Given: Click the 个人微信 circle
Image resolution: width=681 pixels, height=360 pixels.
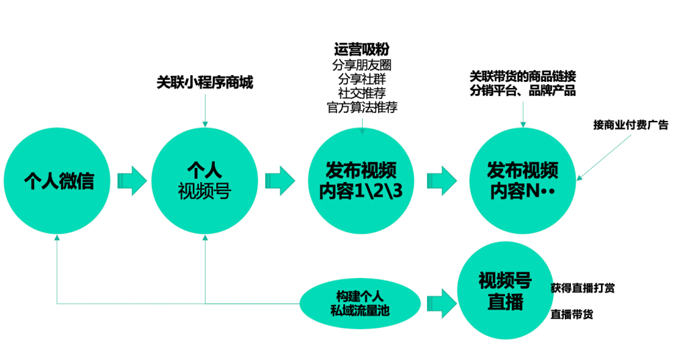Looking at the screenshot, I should coord(58,180).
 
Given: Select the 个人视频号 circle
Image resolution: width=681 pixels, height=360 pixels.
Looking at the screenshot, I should coord(204,180).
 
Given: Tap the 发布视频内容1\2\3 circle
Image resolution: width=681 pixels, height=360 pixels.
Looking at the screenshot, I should coord(361,180).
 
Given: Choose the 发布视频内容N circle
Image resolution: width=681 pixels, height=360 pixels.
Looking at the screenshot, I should coord(523,180).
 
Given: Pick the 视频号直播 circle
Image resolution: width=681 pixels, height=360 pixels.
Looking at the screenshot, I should coord(505,291).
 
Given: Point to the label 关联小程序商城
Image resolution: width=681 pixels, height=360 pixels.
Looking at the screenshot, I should coord(204,83).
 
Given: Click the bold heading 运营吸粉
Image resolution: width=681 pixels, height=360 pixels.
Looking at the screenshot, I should coord(361,50).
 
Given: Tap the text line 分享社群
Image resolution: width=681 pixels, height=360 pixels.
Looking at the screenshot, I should coord(361,79).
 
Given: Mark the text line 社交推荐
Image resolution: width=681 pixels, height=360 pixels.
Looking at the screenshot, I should coord(361,93).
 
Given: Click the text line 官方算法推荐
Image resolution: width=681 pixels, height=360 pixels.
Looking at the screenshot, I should coord(361,107).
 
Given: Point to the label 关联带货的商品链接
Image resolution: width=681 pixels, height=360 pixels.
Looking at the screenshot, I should coord(522,75).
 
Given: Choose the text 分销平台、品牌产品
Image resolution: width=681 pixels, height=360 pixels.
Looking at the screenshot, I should coord(522,91).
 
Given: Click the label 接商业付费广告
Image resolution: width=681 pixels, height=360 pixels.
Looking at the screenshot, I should coord(631,125).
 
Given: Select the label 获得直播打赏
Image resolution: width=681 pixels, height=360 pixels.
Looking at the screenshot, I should coord(582,287).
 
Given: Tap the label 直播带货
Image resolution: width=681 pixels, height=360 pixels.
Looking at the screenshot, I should coord(572,314).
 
